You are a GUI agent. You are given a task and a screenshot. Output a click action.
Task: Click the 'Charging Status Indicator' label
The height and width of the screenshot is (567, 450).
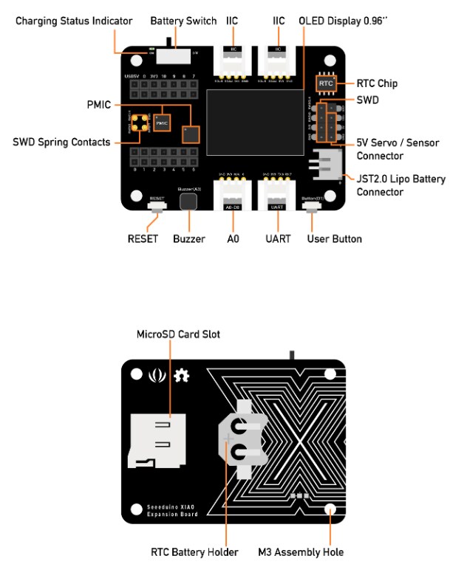pos(75,21)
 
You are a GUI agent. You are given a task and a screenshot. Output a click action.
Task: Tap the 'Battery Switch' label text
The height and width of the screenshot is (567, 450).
pos(183,21)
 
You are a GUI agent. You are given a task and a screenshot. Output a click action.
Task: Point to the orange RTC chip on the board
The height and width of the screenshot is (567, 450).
pos(327,84)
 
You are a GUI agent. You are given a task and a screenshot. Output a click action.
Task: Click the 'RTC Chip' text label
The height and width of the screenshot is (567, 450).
pos(378,83)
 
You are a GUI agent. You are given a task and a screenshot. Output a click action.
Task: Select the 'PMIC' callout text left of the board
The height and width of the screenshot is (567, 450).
pos(98,106)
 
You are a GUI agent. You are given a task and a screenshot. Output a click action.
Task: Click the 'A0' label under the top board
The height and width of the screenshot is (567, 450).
pos(231,239)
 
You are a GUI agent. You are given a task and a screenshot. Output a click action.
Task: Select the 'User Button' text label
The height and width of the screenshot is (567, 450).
pos(334,239)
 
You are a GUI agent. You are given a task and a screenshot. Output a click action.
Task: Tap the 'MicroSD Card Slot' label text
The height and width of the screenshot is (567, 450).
pos(178,334)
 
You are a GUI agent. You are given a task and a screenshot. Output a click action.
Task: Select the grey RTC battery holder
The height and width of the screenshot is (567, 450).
pos(237,440)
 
